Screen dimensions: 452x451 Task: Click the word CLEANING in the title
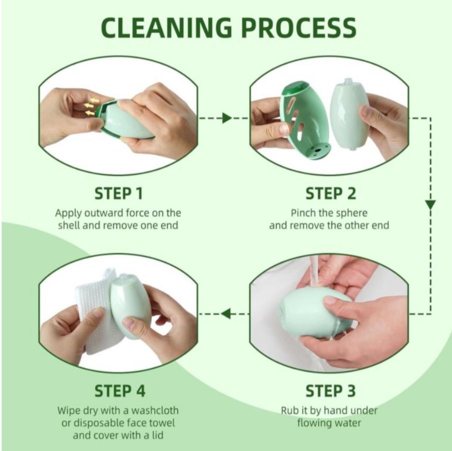(166, 27)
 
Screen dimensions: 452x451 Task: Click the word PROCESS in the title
(299, 27)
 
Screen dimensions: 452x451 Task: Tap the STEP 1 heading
(118, 193)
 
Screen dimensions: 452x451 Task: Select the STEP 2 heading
(330, 193)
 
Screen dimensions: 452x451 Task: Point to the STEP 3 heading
(330, 391)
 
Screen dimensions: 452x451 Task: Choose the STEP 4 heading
(120, 391)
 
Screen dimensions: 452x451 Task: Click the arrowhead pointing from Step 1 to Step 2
(227, 118)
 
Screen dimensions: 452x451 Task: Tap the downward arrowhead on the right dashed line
(431, 205)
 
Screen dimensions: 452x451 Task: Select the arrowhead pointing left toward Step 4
(226, 314)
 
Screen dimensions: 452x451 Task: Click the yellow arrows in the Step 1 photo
(91, 106)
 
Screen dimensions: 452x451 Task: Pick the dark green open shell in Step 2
(305, 120)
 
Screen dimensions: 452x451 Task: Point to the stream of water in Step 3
(314, 271)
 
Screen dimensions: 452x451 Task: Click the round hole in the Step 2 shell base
(318, 150)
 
